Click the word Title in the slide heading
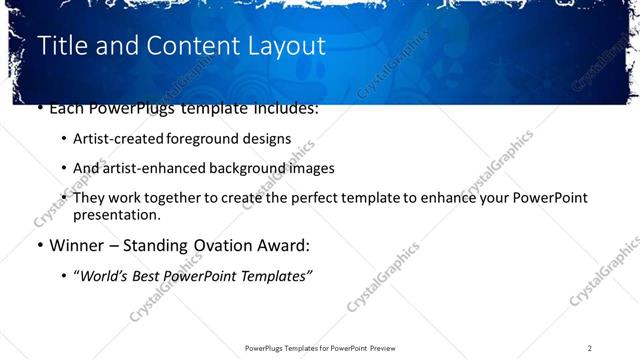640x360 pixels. [61, 46]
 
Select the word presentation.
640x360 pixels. [116, 214]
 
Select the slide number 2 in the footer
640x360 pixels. [590, 348]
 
